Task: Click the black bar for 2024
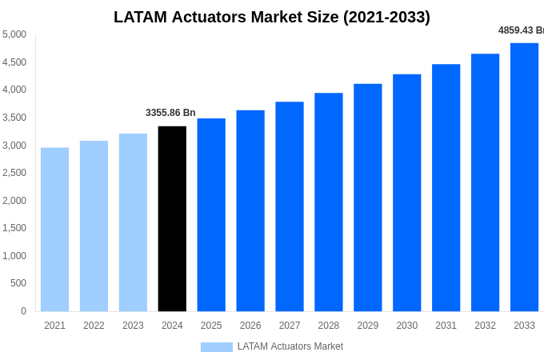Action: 172,218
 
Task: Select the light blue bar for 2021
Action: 54,230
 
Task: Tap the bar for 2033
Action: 524,177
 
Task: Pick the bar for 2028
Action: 328,202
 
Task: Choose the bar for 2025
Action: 211,214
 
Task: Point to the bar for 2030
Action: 406,193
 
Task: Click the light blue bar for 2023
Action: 133,222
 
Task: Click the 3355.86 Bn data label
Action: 170,113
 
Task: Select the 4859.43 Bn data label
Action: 521,30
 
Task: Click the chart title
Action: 272,17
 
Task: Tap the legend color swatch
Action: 216,346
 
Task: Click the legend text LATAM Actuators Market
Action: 290,346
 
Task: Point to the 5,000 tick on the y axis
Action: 14,34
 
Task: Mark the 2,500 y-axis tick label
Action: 14,173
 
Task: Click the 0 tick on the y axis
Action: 23,311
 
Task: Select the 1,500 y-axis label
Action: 14,228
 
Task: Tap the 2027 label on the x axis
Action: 290,326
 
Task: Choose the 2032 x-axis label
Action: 485,326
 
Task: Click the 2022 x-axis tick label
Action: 94,326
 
